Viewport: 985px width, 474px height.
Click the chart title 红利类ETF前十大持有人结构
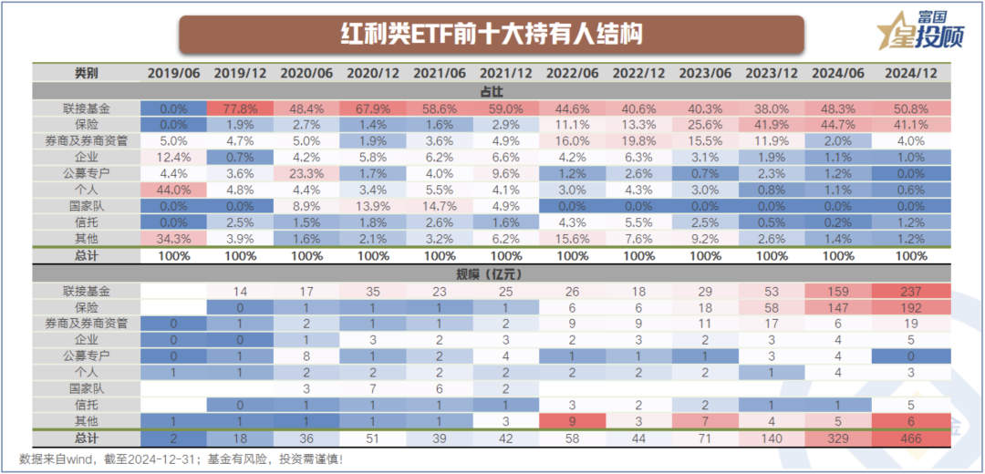pos(492,34)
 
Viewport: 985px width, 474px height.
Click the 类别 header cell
pos(87,73)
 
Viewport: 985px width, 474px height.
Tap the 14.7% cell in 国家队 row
pos(439,207)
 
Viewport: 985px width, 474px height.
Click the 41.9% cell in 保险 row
pos(772,124)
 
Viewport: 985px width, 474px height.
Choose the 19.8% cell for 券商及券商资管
pos(638,140)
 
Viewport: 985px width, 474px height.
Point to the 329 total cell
pos(838,438)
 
